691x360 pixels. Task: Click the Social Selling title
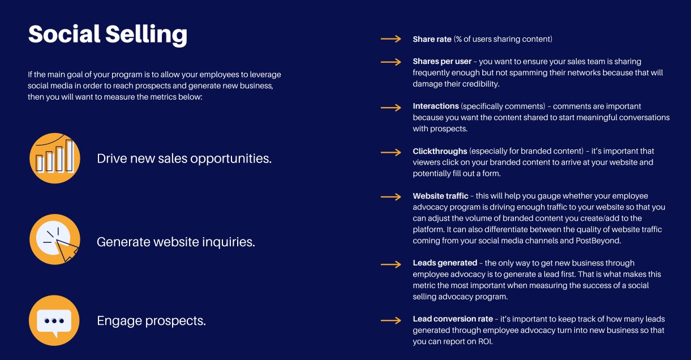(108, 35)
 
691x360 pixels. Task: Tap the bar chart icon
(54, 158)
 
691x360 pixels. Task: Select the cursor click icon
(54, 239)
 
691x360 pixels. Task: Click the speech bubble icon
(54, 320)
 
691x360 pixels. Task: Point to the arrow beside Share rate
(391, 39)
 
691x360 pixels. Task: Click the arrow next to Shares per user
(391, 62)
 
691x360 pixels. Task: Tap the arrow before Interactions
(391, 108)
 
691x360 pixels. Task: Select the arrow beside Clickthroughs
(391, 152)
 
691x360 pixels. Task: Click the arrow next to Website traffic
(391, 197)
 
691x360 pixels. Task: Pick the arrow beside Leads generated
(391, 264)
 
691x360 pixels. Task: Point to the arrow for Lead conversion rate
(391, 320)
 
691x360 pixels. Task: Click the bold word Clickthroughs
(440, 151)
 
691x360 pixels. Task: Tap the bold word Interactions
(436, 106)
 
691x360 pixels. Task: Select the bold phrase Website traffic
(440, 196)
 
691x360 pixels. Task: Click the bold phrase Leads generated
(445, 263)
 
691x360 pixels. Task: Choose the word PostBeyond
(598, 241)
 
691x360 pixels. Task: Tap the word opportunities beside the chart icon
(231, 159)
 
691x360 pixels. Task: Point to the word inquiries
(229, 242)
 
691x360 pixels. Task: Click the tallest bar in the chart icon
(70, 156)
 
